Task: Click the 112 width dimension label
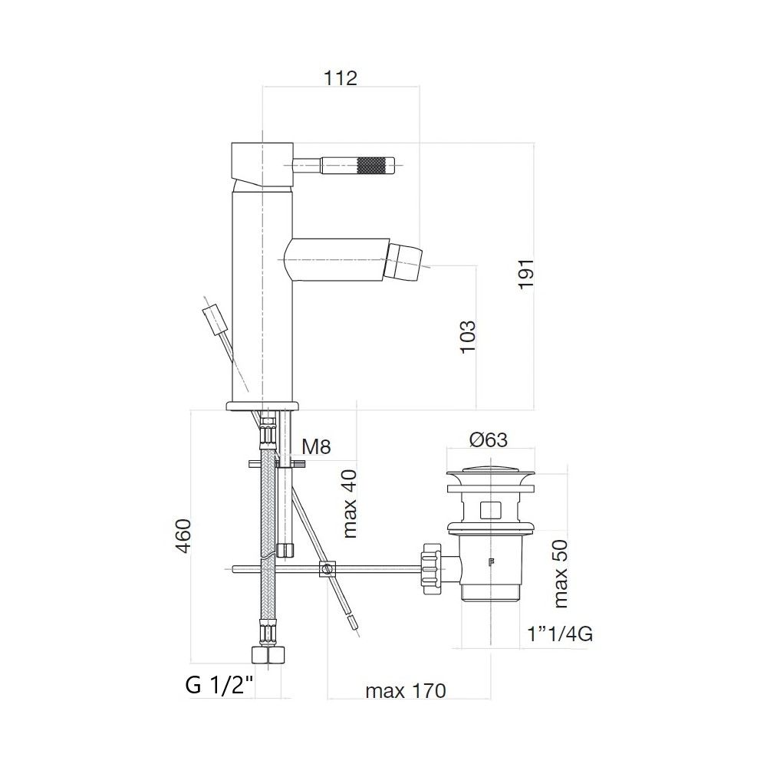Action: click(341, 77)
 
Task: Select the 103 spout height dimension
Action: click(469, 336)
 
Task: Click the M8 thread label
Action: click(316, 446)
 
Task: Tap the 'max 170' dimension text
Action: click(405, 691)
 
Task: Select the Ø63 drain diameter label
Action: click(489, 439)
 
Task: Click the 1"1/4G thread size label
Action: click(561, 634)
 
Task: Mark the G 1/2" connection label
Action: click(219, 685)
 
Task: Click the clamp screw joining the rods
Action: click(328, 569)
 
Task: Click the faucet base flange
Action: click(262, 404)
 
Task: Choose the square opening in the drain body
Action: click(489, 509)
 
